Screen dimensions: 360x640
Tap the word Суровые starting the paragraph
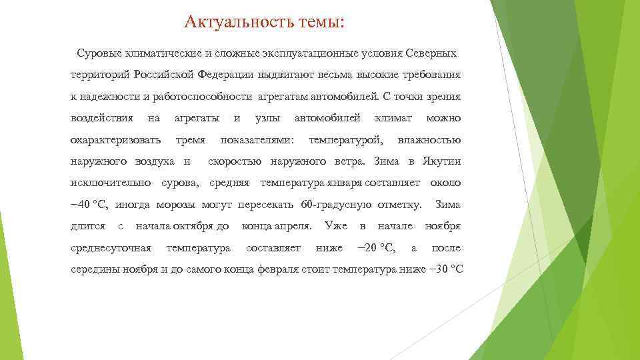[x=99, y=52]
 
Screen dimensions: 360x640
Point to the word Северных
[x=431, y=52]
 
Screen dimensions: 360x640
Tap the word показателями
[x=257, y=139]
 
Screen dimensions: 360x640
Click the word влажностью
[x=429, y=139]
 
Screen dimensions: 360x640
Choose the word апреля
[x=293, y=227]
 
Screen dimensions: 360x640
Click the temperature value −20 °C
[x=376, y=249]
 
